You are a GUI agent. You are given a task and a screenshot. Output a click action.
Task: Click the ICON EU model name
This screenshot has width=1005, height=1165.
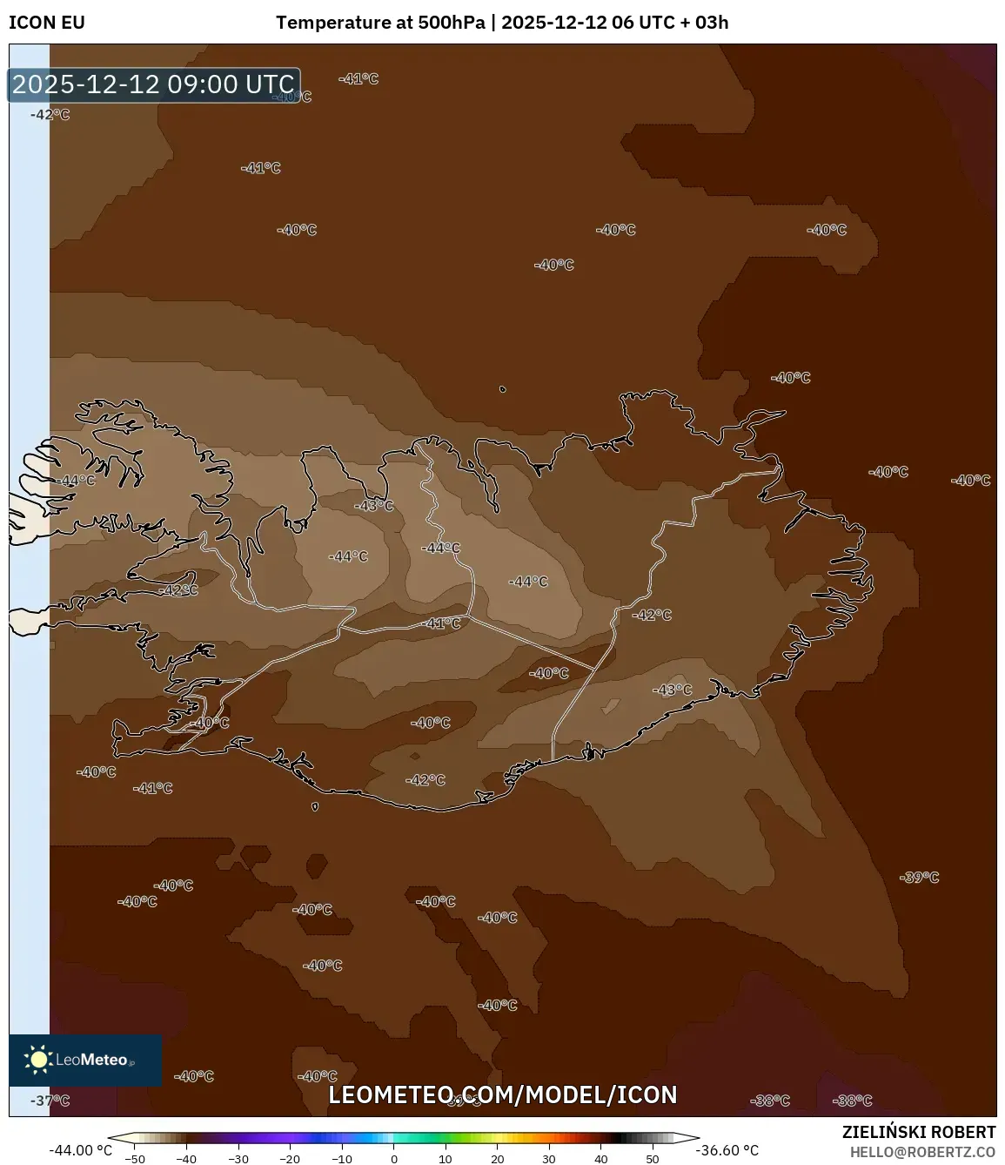[x=47, y=23]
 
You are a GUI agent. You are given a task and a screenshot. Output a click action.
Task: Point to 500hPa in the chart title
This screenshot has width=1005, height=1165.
[x=452, y=23]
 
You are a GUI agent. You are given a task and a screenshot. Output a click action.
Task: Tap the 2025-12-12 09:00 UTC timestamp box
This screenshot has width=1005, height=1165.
[x=153, y=84]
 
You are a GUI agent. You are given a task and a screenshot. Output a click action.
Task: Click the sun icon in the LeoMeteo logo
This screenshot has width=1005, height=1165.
[x=38, y=1060]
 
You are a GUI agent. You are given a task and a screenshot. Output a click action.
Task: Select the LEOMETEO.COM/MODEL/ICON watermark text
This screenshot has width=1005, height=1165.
[x=502, y=1094]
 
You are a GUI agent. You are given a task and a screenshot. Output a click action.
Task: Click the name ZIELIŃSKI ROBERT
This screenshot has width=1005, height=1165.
[x=918, y=1132]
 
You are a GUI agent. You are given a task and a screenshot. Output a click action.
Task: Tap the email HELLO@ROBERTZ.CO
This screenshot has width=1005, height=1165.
[x=921, y=1152]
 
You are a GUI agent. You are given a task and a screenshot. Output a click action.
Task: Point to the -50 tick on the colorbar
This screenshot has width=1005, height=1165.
[x=135, y=1158]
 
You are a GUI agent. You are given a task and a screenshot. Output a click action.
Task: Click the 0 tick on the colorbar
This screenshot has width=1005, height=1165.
[x=393, y=1158]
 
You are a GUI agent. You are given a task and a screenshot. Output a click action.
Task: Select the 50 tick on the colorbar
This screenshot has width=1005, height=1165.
[x=653, y=1158]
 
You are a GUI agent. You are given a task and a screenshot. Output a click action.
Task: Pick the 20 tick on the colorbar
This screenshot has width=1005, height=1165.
[x=497, y=1158]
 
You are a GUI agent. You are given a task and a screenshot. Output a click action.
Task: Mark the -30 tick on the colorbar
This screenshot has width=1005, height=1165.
[x=238, y=1158]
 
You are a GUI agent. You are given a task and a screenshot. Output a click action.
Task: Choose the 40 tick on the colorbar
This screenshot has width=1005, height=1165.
[x=600, y=1158]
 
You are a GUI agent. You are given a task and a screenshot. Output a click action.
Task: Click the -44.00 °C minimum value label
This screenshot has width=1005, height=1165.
[x=81, y=1150]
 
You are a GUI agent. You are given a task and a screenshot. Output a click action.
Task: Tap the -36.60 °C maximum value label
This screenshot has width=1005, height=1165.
[x=727, y=1150]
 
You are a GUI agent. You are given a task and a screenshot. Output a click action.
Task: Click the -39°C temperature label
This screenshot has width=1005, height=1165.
[x=919, y=877]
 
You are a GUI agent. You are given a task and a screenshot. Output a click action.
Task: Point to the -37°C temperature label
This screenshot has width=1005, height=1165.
[x=50, y=1101]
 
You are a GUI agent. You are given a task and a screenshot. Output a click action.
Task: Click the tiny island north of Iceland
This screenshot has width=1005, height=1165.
[x=503, y=389]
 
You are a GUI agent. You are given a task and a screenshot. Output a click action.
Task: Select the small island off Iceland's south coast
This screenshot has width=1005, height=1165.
[x=315, y=806]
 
